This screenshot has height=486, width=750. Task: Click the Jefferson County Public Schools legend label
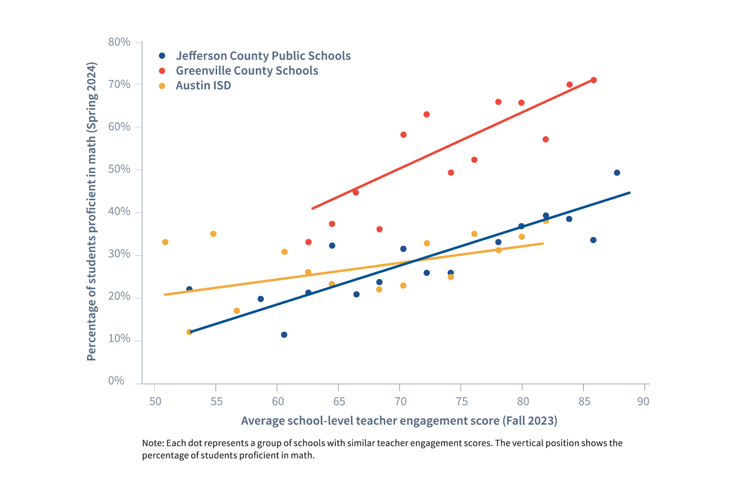coord(263,56)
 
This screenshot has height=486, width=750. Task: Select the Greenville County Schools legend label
coord(247,70)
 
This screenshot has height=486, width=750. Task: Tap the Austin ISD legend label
coord(203,85)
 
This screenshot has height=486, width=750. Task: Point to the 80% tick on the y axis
coord(119,42)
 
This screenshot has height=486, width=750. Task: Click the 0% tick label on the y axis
coord(116,381)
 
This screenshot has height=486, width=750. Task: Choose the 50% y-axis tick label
coord(119,169)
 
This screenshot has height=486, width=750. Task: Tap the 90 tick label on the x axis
coord(643,401)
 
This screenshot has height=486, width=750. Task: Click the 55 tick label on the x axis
coord(217,401)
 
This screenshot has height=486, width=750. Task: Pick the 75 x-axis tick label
coord(462,401)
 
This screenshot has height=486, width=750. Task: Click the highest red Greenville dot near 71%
coord(594,80)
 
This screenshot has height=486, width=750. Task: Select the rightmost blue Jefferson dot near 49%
coord(617,173)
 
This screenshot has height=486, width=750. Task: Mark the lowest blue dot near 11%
coord(284,335)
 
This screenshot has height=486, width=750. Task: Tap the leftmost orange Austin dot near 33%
coord(165,242)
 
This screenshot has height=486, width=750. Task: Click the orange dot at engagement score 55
coord(213,234)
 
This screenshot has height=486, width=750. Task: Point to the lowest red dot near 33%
coord(308,242)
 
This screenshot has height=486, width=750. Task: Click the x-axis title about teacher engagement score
coord(399,421)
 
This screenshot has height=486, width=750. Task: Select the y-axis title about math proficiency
coord(92,211)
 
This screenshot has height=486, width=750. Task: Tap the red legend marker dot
coord(162,70)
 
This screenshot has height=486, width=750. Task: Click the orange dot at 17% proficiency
coord(237,310)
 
